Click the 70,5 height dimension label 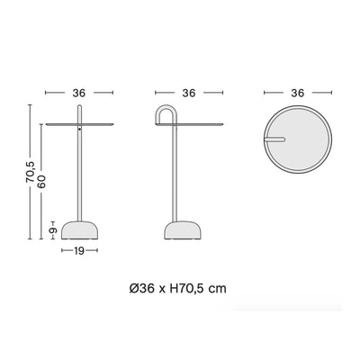click(x=30, y=172)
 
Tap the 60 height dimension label click(x=41, y=182)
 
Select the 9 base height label click(x=53, y=230)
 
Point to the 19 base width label click(x=79, y=251)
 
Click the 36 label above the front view click(x=79, y=93)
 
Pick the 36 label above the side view click(x=189, y=93)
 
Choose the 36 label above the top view click(x=298, y=93)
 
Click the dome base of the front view click(x=79, y=230)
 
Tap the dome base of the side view click(x=183, y=230)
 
